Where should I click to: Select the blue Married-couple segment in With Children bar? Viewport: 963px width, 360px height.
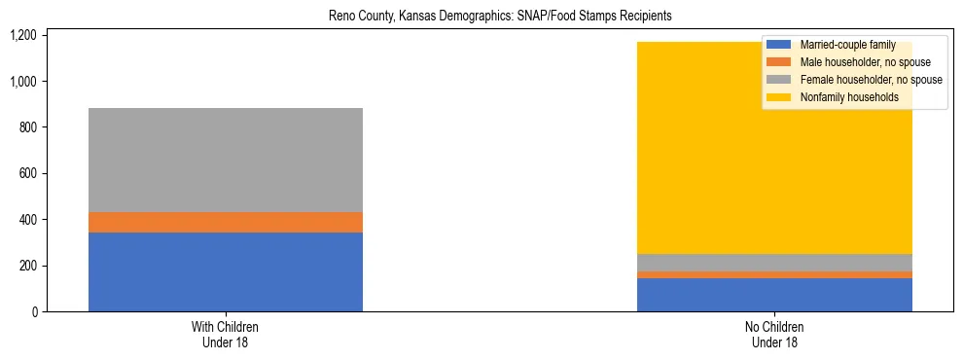click(226, 271)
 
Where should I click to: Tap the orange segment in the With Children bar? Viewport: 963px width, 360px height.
click(226, 222)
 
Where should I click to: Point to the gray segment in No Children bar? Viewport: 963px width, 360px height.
click(774, 263)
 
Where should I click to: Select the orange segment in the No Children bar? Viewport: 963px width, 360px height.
click(774, 274)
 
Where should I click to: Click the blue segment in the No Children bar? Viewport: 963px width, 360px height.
click(774, 295)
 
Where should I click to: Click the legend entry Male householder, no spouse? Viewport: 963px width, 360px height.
click(851, 62)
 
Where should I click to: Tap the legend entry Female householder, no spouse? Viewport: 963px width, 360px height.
click(856, 80)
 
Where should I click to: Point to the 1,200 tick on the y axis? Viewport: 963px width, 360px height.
click(22, 35)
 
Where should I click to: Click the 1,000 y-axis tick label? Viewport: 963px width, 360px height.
click(22, 82)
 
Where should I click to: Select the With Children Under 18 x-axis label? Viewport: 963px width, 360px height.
click(226, 335)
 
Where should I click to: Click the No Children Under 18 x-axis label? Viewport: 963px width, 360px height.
click(774, 335)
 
